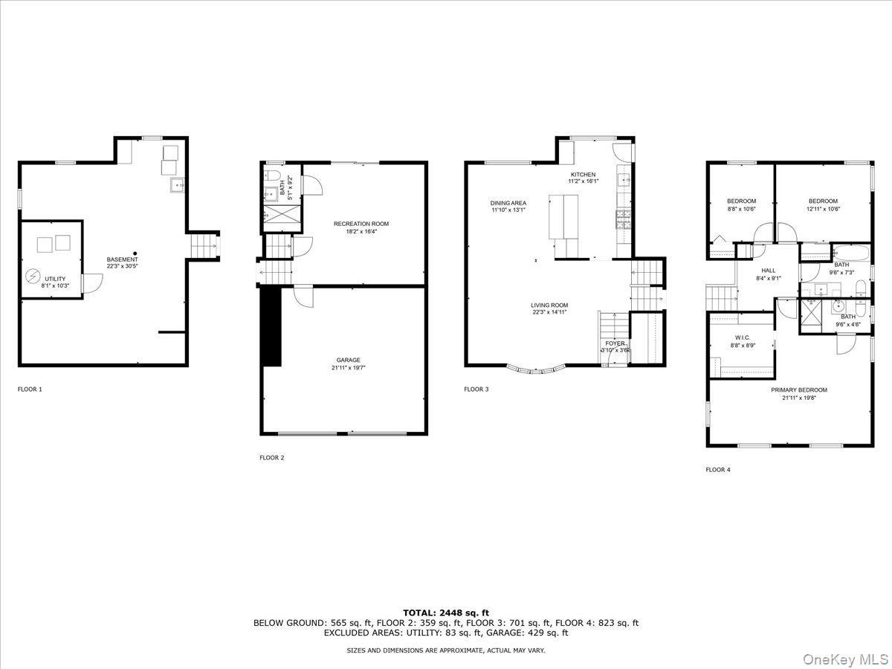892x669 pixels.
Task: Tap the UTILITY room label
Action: [55, 279]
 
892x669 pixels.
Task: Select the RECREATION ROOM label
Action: [361, 224]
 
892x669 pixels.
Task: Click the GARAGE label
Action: [348, 360]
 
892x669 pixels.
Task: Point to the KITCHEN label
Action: [583, 175]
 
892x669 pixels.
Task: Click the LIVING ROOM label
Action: [549, 305]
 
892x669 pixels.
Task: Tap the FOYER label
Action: [615, 343]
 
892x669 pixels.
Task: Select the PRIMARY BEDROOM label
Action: [798, 390]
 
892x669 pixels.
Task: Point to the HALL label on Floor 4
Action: [768, 271]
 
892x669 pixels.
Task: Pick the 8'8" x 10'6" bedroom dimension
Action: [741, 209]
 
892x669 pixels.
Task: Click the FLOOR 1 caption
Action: [30, 389]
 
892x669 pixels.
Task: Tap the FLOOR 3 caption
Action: [476, 389]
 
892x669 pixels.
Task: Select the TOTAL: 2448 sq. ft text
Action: [446, 613]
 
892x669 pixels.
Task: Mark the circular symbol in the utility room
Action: [33, 276]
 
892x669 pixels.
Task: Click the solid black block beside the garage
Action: [272, 326]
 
